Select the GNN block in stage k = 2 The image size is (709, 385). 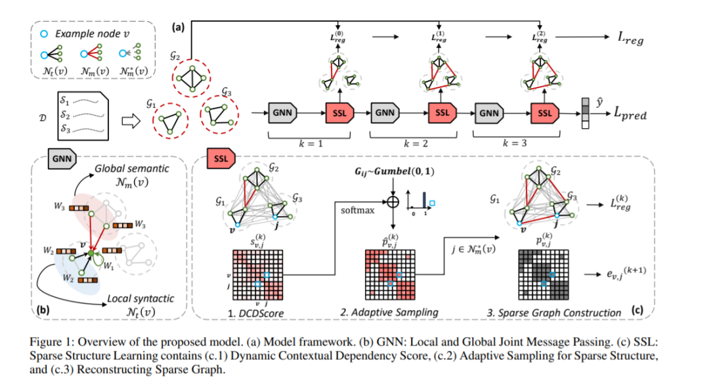384,112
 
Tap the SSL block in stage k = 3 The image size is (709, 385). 544,112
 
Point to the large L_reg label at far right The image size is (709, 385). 629,41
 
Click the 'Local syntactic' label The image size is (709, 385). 141,298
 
